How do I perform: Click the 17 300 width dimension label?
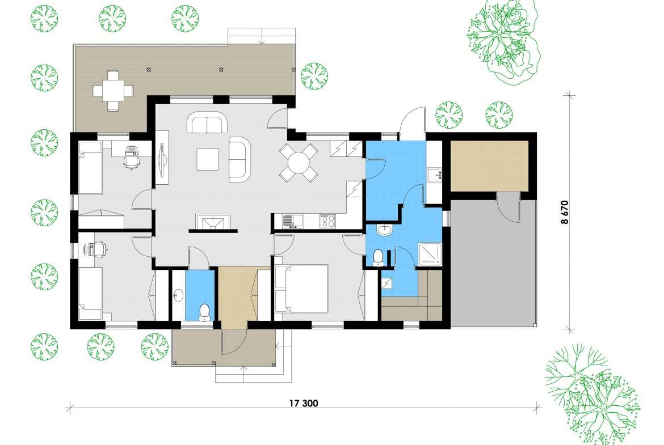click(303, 403)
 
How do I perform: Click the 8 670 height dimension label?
click(565, 211)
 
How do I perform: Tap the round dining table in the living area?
click(299, 163)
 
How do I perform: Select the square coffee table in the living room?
click(208, 159)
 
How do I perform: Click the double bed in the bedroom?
click(301, 289)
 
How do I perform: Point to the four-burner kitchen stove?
click(327, 221)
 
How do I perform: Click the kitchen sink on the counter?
click(293, 221)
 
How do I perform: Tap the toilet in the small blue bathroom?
click(205, 312)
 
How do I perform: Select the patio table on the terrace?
click(113, 91)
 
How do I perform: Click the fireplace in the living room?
click(213, 222)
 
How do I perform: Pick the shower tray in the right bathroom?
click(430, 255)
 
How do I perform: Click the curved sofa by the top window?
click(208, 122)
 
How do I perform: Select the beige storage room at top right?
click(490, 166)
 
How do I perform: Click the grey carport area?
click(493, 262)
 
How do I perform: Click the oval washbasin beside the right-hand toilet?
click(385, 230)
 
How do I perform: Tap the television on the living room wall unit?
click(162, 158)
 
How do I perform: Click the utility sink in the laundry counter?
click(434, 174)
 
